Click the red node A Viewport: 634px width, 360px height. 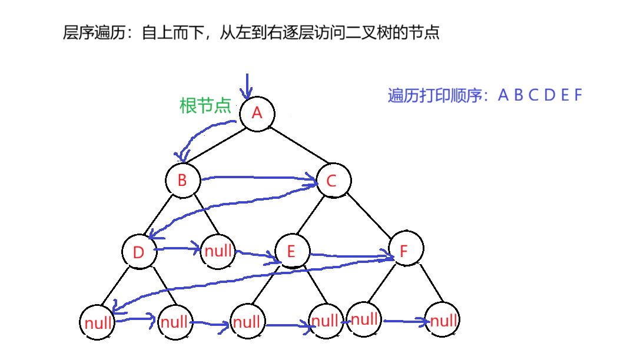pyautogui.click(x=257, y=113)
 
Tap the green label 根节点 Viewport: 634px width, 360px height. pyautogui.click(x=205, y=105)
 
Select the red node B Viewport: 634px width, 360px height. pyautogui.click(x=182, y=181)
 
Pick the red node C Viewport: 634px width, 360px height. pyautogui.click(x=331, y=181)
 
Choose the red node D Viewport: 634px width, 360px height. pyautogui.click(x=138, y=253)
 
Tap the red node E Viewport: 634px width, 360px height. pyautogui.click(x=291, y=252)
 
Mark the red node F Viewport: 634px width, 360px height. pyautogui.click(x=404, y=252)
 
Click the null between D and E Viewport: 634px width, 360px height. pyautogui.click(x=218, y=251)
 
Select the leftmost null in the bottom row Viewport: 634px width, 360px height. pyautogui.click(x=98, y=323)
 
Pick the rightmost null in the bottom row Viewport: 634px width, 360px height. pyautogui.click(x=443, y=321)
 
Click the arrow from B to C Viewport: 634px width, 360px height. pyautogui.click(x=259, y=178)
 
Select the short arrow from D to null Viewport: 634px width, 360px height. pyautogui.click(x=177, y=249)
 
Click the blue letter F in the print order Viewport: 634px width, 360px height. pyautogui.click(x=578, y=95)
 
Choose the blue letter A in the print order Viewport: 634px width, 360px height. pyautogui.click(x=503, y=95)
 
